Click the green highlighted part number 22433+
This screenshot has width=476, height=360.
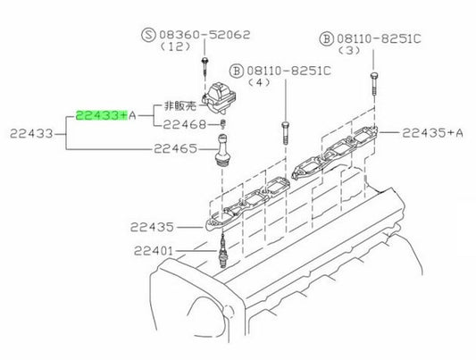pos(102,115)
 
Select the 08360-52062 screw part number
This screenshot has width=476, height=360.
pos(205,35)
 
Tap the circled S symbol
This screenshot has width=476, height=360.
pos(149,35)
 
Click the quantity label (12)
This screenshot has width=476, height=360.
pos(176,46)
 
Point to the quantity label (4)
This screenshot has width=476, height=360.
pos(259,82)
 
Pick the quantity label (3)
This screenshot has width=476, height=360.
pos(349,50)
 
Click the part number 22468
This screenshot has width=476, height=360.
pos(185,124)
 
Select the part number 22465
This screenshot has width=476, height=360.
pos(175,149)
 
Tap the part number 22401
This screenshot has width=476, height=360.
pos(154,251)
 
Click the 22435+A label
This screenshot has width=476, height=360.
pos(432,133)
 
